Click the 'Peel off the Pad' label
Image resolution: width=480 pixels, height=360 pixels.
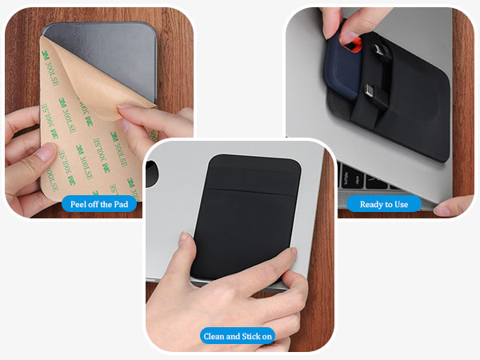pos(99,204)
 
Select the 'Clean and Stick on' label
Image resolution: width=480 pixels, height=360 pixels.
pos(238,336)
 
